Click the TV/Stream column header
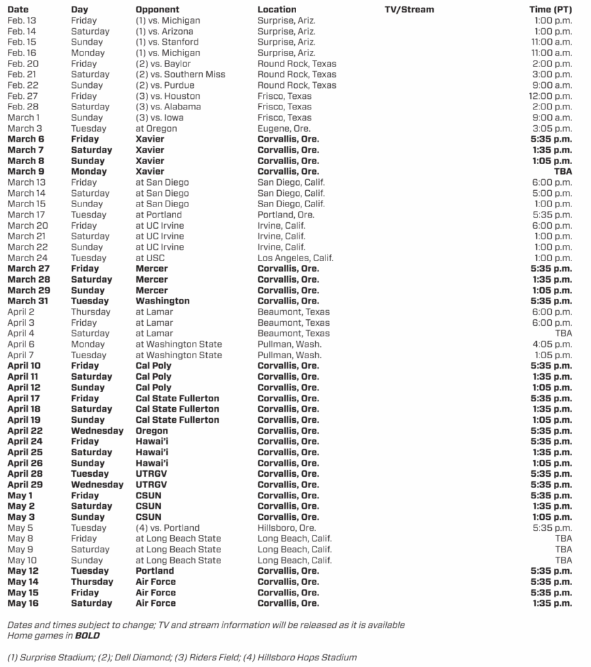409,10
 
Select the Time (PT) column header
551,10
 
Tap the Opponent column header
157,10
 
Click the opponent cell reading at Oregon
156,128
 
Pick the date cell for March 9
26,171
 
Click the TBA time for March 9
563,171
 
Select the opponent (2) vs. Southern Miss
180,74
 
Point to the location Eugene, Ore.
284,128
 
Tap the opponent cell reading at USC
150,258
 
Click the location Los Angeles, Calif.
295,258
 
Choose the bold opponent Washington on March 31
162,301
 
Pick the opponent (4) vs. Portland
168,528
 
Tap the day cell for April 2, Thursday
91,312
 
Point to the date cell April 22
25,431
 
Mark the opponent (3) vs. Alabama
168,107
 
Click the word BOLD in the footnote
87,636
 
